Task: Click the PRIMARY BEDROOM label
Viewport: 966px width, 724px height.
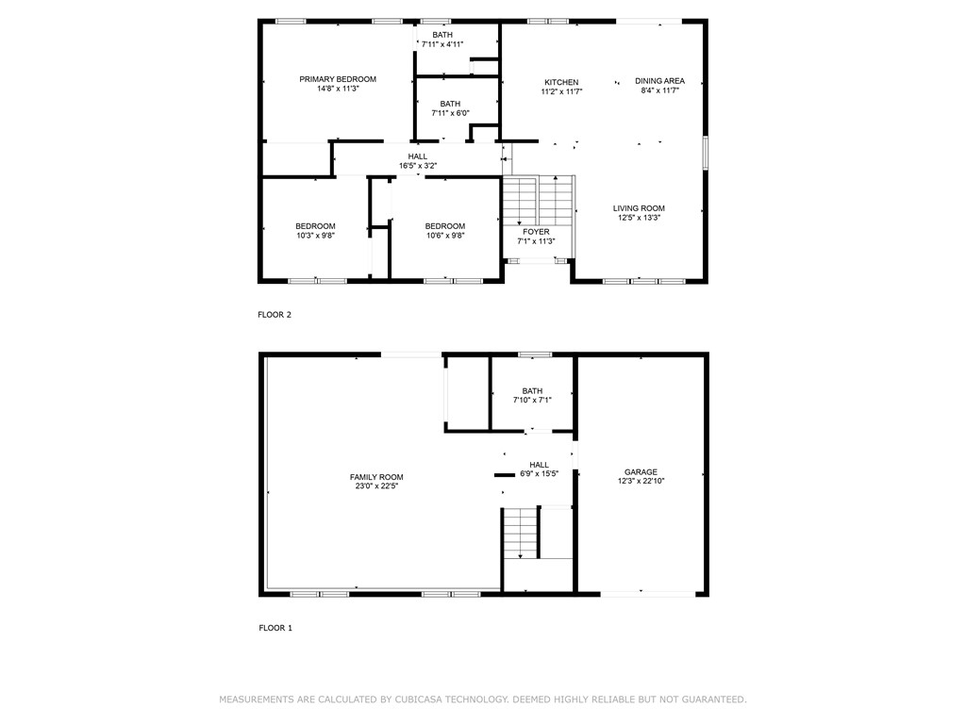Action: tap(338, 79)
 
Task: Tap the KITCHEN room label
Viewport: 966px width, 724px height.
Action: tap(560, 82)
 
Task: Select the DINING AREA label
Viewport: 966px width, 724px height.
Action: tap(659, 81)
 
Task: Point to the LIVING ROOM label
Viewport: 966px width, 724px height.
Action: tap(639, 208)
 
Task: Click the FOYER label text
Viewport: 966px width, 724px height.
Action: tap(536, 231)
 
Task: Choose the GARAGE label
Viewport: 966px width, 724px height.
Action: tap(641, 472)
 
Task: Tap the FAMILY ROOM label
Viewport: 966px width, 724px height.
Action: tap(376, 477)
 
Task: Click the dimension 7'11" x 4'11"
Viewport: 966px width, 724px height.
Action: tap(442, 44)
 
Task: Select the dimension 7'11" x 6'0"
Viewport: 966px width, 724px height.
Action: tap(450, 113)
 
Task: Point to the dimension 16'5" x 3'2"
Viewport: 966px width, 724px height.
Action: tap(417, 166)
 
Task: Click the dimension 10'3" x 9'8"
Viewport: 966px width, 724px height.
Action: tap(315, 235)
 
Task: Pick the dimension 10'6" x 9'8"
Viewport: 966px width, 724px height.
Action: tap(444, 235)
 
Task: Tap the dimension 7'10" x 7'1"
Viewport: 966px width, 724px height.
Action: tap(532, 400)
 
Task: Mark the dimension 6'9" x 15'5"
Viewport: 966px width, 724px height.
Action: tap(539, 474)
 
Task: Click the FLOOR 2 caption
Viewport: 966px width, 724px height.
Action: tap(275, 315)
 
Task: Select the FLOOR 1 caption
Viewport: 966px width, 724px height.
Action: tap(275, 628)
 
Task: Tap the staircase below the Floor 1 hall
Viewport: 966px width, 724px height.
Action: tap(520, 533)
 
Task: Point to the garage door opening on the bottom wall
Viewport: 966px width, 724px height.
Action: tap(641, 593)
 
